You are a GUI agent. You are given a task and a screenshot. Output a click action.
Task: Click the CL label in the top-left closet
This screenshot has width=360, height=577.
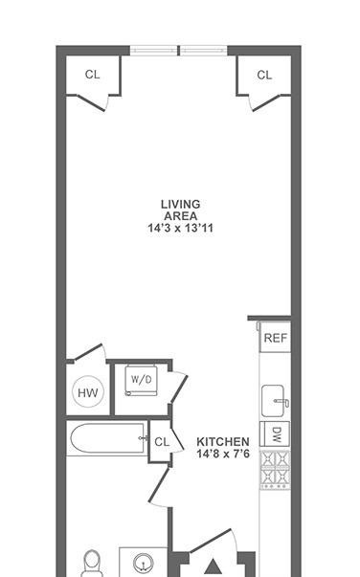pos(92,75)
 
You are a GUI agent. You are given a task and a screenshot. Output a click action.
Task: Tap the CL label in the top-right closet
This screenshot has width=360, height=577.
pos(264,75)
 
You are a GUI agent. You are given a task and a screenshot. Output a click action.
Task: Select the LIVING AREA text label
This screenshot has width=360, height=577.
pos(180,210)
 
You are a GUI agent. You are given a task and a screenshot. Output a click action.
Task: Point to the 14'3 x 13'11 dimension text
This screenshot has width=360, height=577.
pos(180,228)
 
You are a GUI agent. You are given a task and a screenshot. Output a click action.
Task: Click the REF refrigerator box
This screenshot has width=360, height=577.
pos(276,338)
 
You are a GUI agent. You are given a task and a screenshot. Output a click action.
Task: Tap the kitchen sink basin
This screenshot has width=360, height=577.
pos(273,401)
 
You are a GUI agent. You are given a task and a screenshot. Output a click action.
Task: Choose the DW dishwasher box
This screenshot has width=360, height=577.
pos(275,434)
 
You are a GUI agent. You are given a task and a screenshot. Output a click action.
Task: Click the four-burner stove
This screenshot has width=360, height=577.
pos(276,470)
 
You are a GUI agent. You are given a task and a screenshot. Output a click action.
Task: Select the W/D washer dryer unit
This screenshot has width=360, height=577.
pos(141,380)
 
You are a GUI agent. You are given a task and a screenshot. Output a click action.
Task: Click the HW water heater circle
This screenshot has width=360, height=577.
pos(88,392)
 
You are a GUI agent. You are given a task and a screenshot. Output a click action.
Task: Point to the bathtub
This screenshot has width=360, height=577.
pos(106,438)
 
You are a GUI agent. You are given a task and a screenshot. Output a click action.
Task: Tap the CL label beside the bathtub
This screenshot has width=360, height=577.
pos(162,441)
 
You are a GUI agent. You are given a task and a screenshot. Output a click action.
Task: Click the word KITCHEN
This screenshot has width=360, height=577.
pos(223,441)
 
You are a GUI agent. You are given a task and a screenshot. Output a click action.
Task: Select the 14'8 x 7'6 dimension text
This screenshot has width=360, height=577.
pos(223,454)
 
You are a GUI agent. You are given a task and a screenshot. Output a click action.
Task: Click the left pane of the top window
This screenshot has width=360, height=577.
pos(154,51)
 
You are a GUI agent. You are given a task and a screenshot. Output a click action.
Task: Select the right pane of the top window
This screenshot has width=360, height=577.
pos(204,51)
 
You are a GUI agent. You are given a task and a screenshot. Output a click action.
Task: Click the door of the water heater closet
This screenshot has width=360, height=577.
pos(88,352)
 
